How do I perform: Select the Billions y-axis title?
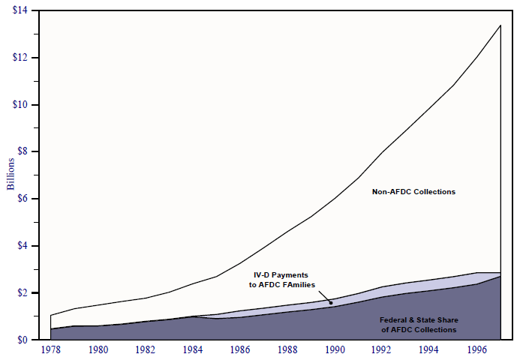tap(11, 175)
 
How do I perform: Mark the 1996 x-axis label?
tap(475, 349)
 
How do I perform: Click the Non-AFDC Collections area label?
tap(413, 192)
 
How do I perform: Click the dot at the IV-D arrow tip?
tap(330, 303)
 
